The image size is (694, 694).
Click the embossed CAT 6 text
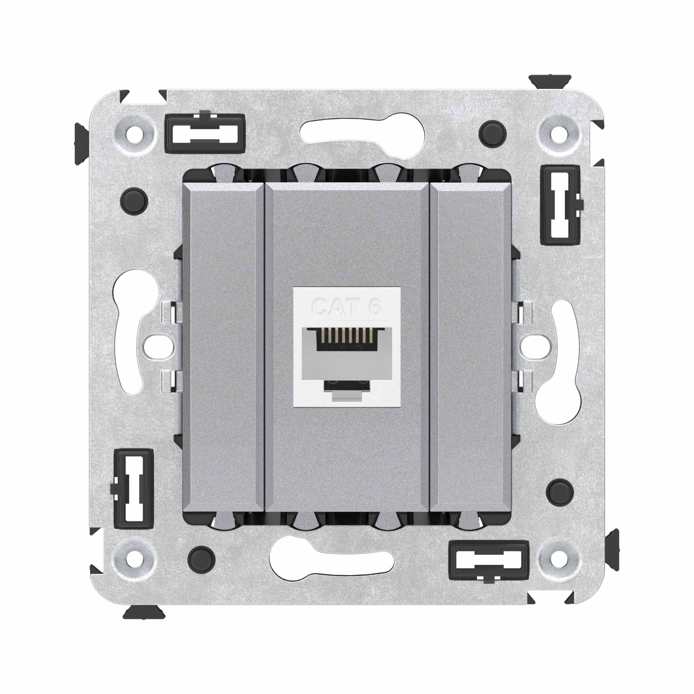(346, 307)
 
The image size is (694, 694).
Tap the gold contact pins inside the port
(347, 335)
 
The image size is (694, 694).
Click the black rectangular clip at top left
(205, 133)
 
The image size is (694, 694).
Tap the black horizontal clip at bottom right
(489, 561)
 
